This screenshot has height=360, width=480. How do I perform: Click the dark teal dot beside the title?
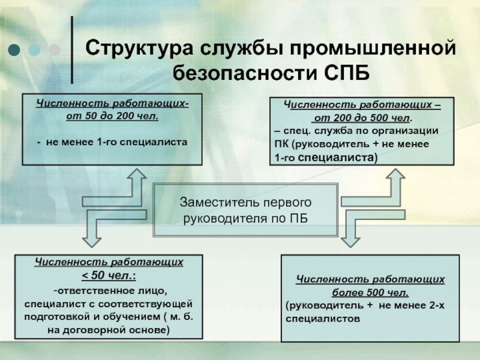(14, 50)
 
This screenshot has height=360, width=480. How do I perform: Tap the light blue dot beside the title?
(34, 50)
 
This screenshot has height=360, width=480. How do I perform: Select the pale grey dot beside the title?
(55, 50)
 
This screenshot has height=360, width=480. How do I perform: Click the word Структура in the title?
(139, 49)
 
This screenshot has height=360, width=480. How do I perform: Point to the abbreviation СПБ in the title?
(347, 73)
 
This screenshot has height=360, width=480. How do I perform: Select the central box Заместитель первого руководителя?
(245, 210)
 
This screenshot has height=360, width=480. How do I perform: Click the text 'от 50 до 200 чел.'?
(112, 116)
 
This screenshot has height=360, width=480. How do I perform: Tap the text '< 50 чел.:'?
(109, 275)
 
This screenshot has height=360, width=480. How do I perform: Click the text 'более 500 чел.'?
(370, 293)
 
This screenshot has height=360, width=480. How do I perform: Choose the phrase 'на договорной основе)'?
(109, 330)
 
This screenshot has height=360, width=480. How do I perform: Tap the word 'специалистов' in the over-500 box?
(323, 319)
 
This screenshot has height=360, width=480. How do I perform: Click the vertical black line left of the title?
(72, 50)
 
